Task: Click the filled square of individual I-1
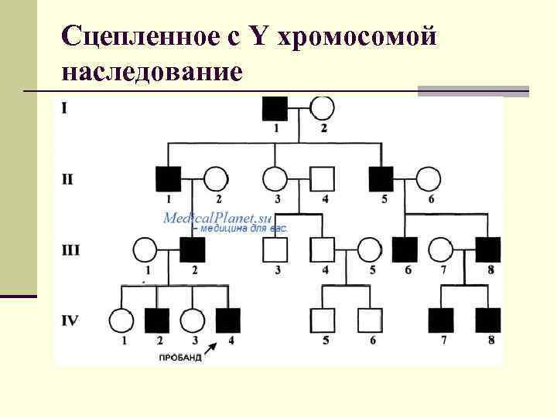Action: point(275,109)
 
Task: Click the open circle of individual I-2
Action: point(322,109)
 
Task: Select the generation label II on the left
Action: point(67,179)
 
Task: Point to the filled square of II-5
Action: point(381,179)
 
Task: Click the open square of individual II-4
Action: point(323,179)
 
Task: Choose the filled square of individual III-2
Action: point(193,249)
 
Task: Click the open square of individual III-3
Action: point(275,249)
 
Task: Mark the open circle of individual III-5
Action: point(370,249)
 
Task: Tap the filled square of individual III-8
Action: point(488,249)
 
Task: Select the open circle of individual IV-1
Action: point(121,320)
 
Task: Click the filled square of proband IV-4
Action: point(227,320)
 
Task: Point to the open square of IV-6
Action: point(370,320)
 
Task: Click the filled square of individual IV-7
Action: point(441,320)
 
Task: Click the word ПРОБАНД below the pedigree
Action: point(180,358)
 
